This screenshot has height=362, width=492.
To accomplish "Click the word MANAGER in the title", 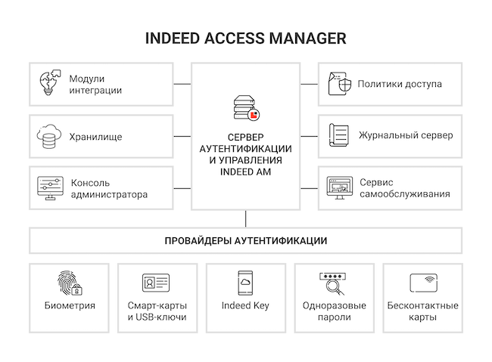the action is click(308, 39).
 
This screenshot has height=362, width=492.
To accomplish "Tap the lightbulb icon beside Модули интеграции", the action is click(49, 82).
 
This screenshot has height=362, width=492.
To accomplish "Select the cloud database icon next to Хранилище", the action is click(48, 136).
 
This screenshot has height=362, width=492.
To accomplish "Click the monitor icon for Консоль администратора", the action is click(50, 188).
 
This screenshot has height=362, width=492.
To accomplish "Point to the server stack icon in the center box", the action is click(244, 107).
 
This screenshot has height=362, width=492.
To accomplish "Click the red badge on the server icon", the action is click(254, 115).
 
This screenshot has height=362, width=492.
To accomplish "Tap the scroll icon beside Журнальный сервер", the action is click(339, 135).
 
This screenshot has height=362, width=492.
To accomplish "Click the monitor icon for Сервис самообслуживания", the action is click(340, 187).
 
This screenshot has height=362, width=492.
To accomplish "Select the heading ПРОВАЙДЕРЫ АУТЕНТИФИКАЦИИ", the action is click(246, 241).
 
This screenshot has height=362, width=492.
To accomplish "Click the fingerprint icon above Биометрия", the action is click(70, 283).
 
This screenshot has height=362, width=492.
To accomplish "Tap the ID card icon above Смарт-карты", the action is click(156, 283).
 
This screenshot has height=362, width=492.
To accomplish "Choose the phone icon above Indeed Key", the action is click(245, 283).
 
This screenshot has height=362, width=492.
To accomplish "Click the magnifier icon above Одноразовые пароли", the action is click(333, 283).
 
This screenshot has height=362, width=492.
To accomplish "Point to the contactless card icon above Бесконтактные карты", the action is click(424, 283).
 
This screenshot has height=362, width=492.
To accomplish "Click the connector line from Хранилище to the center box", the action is click(182, 136).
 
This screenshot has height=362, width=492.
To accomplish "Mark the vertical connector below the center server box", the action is click(246, 218).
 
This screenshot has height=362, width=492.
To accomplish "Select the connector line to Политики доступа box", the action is click(310, 84).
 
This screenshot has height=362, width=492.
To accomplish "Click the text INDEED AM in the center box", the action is click(245, 172).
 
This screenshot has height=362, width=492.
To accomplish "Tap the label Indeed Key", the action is click(245, 305).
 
